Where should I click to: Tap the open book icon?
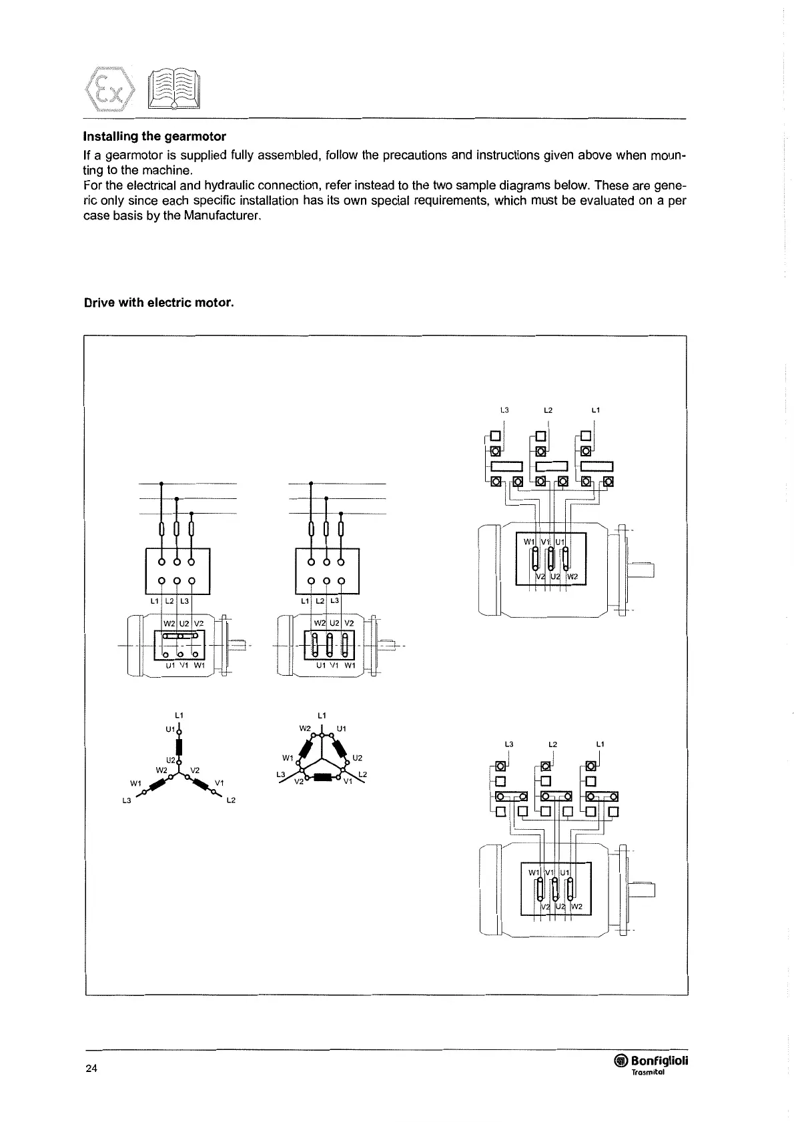click(x=173, y=91)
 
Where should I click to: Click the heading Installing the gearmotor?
click(x=154, y=136)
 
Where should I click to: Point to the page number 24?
click(x=91, y=1069)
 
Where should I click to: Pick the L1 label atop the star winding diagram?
click(x=178, y=716)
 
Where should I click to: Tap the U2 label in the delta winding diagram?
click(x=357, y=758)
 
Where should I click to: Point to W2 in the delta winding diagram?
click(x=305, y=728)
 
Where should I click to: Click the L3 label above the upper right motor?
click(x=504, y=410)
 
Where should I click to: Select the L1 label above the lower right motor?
click(x=600, y=743)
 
